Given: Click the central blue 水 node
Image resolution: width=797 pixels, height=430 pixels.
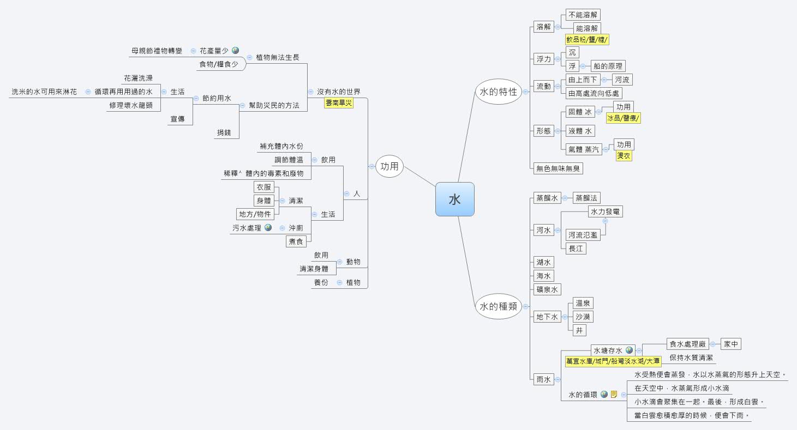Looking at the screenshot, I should coord(454,199).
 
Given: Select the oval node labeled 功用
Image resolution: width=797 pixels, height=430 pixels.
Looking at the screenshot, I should coord(389,166).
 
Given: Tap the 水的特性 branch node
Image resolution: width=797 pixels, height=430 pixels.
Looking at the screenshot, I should coord(498,92).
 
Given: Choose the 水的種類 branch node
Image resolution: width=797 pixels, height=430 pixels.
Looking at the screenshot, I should coord(498,306).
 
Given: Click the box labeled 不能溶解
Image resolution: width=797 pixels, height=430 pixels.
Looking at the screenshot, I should coord(583,15).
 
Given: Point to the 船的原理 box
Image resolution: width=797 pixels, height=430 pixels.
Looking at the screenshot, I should coord(608,66).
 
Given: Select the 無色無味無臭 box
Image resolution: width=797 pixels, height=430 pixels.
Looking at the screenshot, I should coord(559,168).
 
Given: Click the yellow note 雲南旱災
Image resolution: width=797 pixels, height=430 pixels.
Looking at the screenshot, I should coord(339,103).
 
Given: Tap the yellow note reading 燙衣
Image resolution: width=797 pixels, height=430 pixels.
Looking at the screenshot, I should coord(624,156).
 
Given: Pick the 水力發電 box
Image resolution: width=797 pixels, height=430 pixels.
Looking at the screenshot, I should coord(605,211).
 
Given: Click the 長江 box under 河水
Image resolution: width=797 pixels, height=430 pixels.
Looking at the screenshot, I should coord(576,249).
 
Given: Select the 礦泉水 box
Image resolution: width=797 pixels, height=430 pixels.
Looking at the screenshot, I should coord(547,289).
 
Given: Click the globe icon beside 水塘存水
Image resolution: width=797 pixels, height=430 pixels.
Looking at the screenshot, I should coord(630,350).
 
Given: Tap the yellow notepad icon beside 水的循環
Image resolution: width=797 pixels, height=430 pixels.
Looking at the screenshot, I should coord(614,394).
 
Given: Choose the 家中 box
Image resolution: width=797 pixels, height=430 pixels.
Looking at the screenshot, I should coord(731,344).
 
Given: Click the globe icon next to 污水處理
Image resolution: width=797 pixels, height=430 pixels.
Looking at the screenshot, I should coord(268,228).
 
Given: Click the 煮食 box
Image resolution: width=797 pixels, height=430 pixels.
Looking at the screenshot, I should coord(296,241).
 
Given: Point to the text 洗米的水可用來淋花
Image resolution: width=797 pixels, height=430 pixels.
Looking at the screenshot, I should coord(44,92).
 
